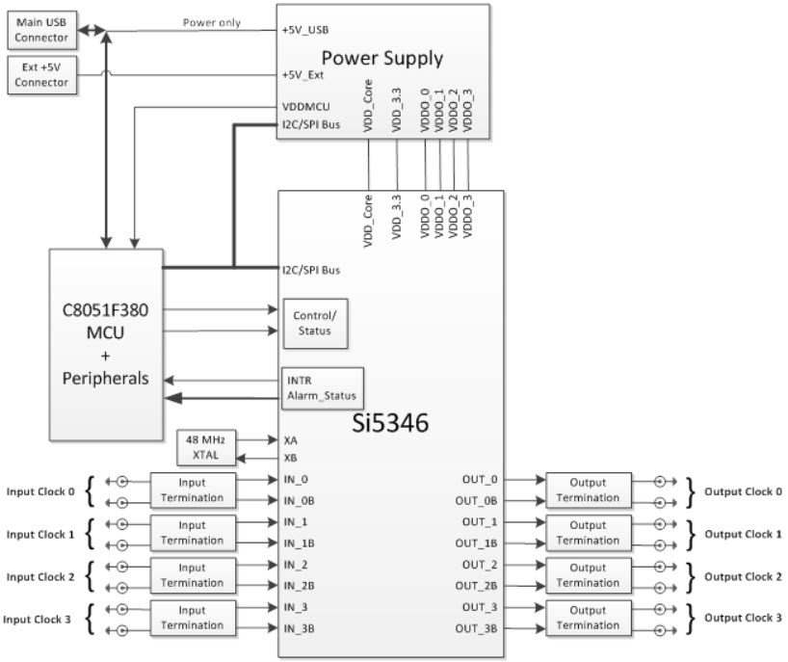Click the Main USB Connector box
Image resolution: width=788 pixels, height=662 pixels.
42,30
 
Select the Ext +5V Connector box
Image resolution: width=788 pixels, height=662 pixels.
42,75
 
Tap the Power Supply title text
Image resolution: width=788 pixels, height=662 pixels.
381,57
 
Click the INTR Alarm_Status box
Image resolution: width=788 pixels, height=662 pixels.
321,386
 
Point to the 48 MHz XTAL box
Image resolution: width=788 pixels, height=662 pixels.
206,447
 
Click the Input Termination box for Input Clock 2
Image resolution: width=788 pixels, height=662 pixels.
193,575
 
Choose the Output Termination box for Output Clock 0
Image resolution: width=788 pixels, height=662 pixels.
588,490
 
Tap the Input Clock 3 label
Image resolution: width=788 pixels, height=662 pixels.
40,619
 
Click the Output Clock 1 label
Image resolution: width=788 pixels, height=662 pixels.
743,534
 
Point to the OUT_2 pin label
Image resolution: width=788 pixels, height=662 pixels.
479,565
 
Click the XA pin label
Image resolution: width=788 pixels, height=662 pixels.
290,438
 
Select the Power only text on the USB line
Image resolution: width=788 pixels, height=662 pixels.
211,23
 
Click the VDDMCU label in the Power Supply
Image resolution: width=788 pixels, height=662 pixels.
306,108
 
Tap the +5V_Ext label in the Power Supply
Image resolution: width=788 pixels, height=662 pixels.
303,74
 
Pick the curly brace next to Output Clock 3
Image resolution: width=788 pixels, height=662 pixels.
693,618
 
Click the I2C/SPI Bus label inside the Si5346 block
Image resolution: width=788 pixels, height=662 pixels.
310,270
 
